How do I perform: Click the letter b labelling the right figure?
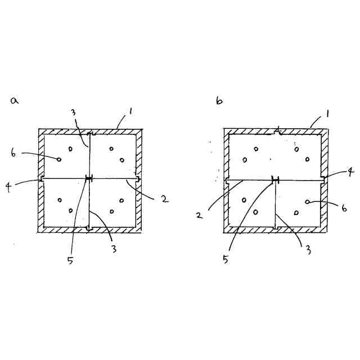(x=219, y=101)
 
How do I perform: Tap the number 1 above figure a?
(x=130, y=112)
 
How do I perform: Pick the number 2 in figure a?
(x=163, y=199)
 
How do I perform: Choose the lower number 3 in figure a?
(x=114, y=248)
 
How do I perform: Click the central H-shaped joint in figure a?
(x=88, y=179)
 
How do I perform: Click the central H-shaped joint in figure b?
(x=276, y=179)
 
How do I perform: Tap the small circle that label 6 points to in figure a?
(x=58, y=159)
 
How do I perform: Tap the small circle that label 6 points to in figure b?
(x=307, y=201)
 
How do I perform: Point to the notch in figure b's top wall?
(x=277, y=132)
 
